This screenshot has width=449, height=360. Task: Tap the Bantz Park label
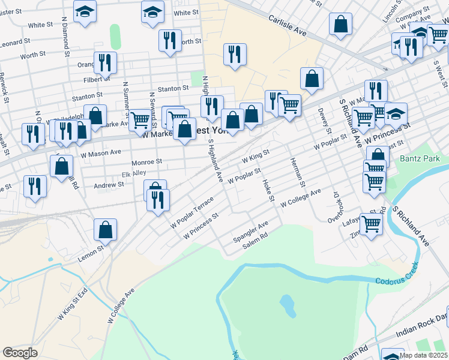419,160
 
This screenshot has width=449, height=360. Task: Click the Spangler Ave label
251,232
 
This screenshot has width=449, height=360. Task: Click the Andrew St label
109,185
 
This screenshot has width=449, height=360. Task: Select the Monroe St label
146,162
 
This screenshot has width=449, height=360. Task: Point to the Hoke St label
268,190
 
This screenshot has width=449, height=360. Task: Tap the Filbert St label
97,79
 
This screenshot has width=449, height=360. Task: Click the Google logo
20,353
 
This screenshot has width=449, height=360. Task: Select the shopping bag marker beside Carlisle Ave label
340,25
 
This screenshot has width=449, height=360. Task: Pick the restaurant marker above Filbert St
105,63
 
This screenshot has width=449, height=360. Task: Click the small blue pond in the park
287,305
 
